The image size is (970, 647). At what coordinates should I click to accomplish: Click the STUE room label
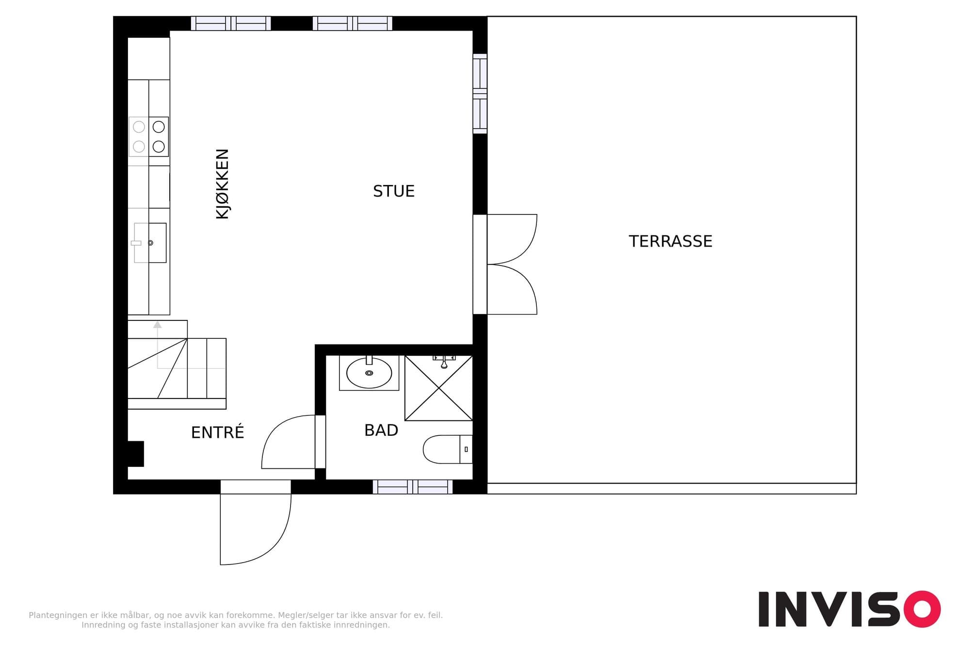(393, 191)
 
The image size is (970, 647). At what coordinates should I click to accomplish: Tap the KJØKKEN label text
(222, 184)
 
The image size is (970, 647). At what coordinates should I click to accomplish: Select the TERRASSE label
(670, 241)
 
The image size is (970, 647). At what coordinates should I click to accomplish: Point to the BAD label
(381, 430)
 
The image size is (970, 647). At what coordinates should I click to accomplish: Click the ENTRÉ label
(217, 431)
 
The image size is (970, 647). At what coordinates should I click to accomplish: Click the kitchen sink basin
(150, 243)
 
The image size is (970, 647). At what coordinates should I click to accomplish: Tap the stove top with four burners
(148, 136)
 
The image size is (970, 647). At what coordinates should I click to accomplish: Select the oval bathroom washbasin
(369, 373)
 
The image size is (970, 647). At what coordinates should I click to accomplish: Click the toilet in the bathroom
(447, 449)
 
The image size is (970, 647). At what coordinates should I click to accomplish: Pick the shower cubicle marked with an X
(438, 388)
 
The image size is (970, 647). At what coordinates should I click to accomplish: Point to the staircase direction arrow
(158, 345)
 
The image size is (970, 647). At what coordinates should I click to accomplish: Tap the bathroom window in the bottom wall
(413, 487)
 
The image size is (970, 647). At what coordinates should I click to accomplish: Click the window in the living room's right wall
(480, 94)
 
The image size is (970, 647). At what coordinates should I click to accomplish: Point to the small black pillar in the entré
(136, 454)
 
